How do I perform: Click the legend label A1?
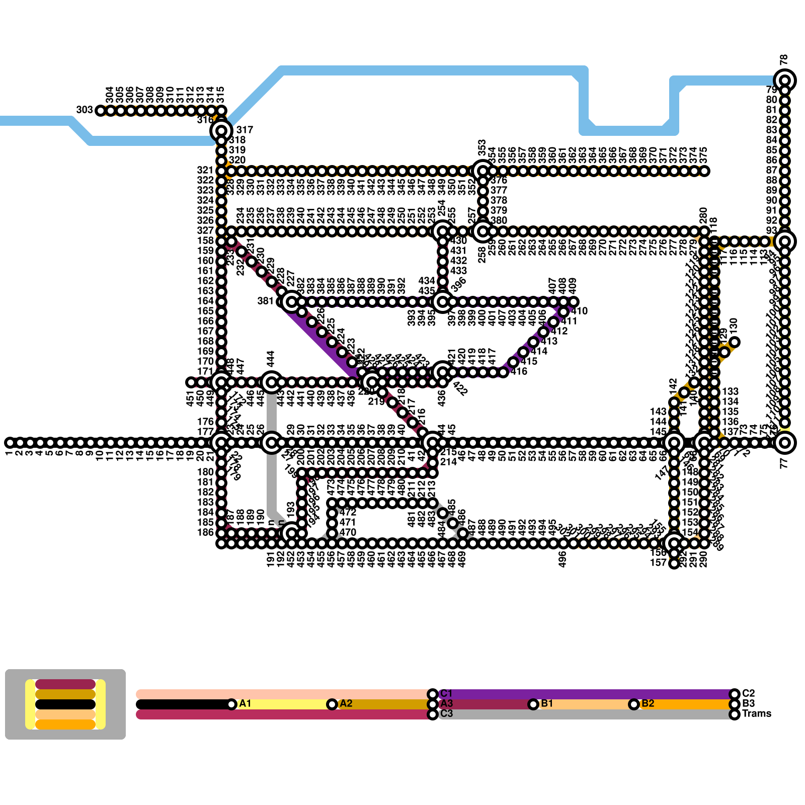(245, 703)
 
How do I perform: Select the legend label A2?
(346, 703)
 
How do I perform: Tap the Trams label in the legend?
(756, 713)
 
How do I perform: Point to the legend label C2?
(748, 693)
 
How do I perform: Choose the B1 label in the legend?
(547, 703)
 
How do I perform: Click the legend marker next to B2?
(634, 704)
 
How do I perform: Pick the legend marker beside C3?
(433, 714)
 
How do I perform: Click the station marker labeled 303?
(101, 111)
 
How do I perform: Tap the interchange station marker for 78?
(785, 80)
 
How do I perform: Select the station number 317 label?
(245, 130)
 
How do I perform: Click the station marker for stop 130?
(735, 342)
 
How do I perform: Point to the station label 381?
(265, 301)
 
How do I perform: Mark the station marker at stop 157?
(674, 563)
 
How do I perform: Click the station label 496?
(562, 558)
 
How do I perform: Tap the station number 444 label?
(271, 359)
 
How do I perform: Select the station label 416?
(519, 371)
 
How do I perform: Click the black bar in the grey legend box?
(65, 704)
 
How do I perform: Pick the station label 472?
(348, 512)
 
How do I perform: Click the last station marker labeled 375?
(704, 171)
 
